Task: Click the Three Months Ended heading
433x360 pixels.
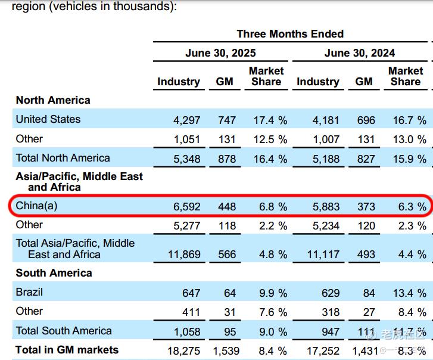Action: click(290, 34)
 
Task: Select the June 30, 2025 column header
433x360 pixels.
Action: click(220, 53)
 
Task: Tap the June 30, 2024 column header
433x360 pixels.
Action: click(360, 53)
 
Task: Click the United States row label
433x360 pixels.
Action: click(48, 119)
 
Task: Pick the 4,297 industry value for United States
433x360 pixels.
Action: click(186, 120)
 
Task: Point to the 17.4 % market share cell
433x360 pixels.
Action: click(270, 120)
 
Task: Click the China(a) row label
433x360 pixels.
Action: click(36, 206)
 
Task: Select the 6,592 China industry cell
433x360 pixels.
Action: click(186, 207)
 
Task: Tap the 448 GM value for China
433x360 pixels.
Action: click(227, 207)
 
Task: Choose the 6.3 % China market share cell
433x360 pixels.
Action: click(409, 207)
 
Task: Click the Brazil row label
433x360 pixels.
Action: click(29, 293)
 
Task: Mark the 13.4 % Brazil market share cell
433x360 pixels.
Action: click(409, 293)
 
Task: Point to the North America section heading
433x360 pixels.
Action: click(53, 100)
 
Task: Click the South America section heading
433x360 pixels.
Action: click(54, 273)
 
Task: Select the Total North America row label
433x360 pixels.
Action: click(63, 158)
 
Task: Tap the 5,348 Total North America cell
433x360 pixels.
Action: click(186, 159)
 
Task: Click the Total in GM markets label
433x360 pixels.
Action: click(67, 350)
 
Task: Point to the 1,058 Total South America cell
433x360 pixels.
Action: click(186, 331)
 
